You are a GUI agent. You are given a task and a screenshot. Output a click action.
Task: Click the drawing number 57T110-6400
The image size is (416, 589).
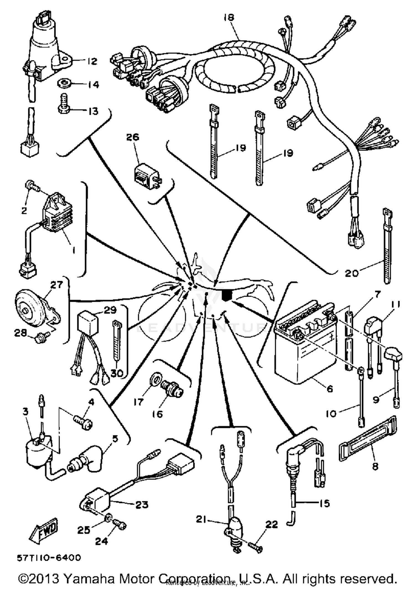(x=49, y=557)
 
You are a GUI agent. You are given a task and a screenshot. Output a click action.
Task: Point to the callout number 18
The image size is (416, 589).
(x=229, y=17)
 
